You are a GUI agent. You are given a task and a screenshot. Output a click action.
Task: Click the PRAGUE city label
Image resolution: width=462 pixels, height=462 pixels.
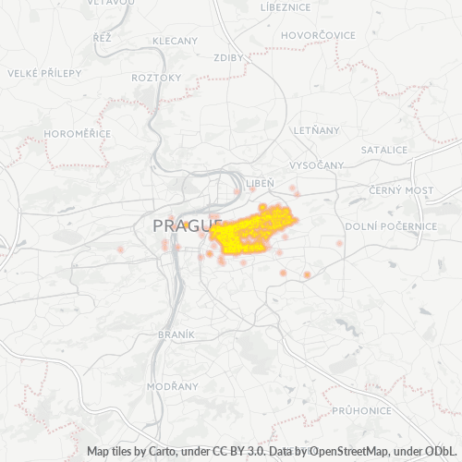[180, 225]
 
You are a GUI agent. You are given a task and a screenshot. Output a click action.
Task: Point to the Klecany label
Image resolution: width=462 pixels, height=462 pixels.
[175, 41]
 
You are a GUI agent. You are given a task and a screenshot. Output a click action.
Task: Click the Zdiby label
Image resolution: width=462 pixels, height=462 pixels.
[227, 57]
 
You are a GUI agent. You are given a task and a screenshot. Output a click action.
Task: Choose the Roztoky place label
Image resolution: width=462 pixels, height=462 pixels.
[157, 78]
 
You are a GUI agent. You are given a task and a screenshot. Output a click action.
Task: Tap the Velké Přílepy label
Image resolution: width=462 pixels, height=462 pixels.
[44, 72]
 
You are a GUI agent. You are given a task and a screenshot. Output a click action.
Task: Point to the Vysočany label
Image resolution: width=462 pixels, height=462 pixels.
[317, 164]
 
